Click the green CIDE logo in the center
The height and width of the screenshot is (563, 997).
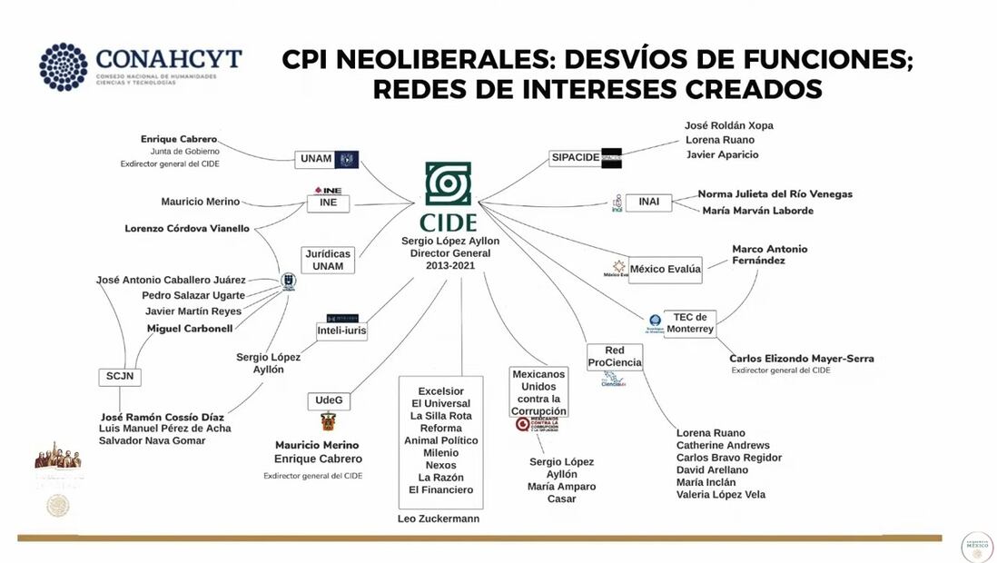[449, 185]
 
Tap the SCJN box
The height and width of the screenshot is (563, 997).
[120, 377]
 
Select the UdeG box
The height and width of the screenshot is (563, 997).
[328, 400]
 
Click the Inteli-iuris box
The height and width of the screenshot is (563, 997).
[341, 331]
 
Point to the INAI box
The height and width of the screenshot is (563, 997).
[648, 202]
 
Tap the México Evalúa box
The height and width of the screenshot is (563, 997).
[666, 269]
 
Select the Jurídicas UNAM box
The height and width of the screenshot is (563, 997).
[328, 260]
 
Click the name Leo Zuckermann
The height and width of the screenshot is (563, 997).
[439, 519]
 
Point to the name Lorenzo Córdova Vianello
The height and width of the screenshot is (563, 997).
[187, 229]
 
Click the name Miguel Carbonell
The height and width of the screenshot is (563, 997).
[190, 328]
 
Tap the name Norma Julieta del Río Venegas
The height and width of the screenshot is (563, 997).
[775, 193]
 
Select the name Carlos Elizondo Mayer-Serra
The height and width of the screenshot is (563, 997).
[802, 359]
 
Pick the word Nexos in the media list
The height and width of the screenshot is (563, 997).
[441, 465]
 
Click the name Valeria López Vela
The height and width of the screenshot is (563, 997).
[720, 495]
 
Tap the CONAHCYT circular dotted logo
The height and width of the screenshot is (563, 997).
[63, 66]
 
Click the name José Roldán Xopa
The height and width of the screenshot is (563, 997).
[728, 125]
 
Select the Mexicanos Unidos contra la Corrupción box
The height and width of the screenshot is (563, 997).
[538, 392]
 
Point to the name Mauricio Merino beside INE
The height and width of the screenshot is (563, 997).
[201, 202]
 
